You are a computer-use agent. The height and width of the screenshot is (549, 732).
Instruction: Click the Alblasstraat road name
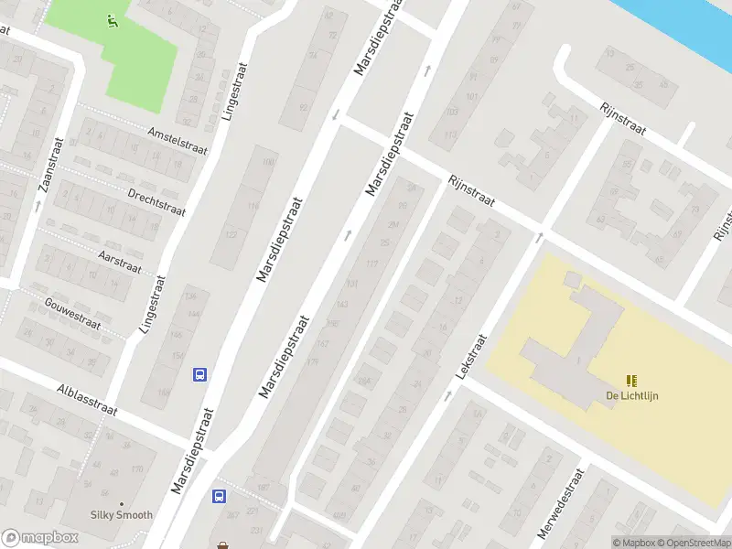click(87, 399)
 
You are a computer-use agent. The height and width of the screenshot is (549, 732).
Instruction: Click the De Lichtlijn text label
click(631, 396)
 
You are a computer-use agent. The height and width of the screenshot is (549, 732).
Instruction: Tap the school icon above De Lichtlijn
click(631, 381)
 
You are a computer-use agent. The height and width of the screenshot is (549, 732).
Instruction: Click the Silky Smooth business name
click(121, 515)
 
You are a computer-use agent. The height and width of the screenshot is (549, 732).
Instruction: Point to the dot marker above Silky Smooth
click(121, 503)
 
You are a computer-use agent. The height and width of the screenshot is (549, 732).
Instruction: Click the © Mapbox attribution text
click(633, 543)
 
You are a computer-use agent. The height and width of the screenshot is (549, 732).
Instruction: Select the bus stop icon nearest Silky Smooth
click(220, 496)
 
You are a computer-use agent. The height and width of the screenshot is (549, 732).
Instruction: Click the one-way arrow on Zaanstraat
click(38, 206)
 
